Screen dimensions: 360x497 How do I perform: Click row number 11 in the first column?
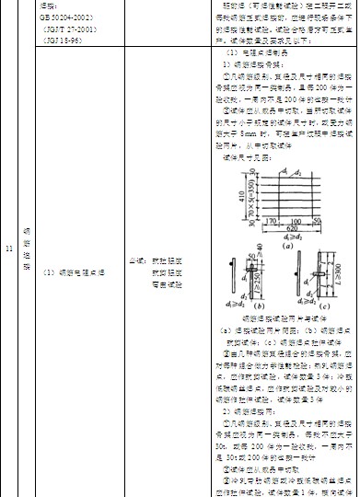point(8,248)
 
